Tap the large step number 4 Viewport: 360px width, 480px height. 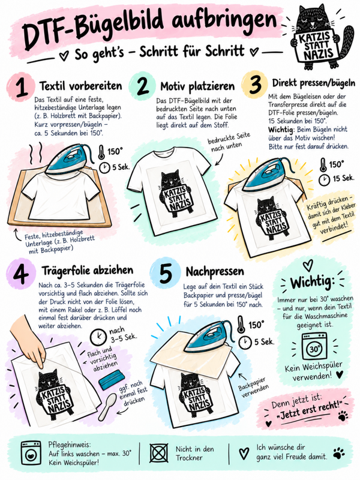[x=21, y=273]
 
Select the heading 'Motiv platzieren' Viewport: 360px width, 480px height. [x=197, y=86]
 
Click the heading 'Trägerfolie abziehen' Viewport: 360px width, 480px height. [x=88, y=271]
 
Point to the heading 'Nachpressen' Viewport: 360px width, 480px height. [x=215, y=271]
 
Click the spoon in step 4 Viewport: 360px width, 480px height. [x=107, y=407]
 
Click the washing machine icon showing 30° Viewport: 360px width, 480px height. [x=314, y=347]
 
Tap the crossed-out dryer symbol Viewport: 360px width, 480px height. [x=159, y=453]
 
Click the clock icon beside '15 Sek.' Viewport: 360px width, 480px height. [x=324, y=180]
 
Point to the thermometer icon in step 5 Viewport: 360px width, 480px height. [x=241, y=325]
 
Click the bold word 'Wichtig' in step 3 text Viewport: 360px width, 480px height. [x=281, y=130]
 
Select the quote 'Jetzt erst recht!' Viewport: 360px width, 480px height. [x=308, y=410]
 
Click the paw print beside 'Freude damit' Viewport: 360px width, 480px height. [x=339, y=453]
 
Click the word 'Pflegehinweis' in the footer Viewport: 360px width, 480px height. [x=70, y=445]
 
